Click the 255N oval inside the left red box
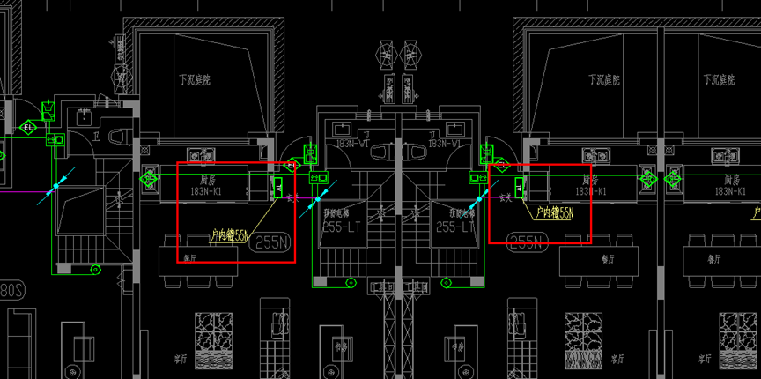point(272,244)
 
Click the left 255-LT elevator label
point(340,227)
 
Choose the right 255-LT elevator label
point(454,227)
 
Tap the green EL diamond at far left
point(30,127)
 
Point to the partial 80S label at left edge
point(11,289)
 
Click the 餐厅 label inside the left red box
point(188,257)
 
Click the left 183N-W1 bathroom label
point(351,143)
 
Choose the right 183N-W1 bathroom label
point(446,143)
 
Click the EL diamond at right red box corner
point(501,164)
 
